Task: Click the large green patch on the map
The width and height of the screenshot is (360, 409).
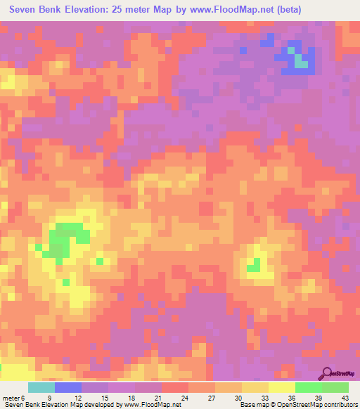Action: [65, 239]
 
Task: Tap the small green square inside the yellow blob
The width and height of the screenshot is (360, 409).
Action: [254, 265]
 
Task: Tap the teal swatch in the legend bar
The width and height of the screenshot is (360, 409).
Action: [41, 388]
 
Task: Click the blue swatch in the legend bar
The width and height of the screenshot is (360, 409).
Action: [68, 388]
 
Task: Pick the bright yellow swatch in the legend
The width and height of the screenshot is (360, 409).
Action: [282, 388]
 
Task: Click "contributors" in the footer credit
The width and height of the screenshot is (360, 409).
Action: [340, 404]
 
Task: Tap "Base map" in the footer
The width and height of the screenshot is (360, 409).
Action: [250, 404]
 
